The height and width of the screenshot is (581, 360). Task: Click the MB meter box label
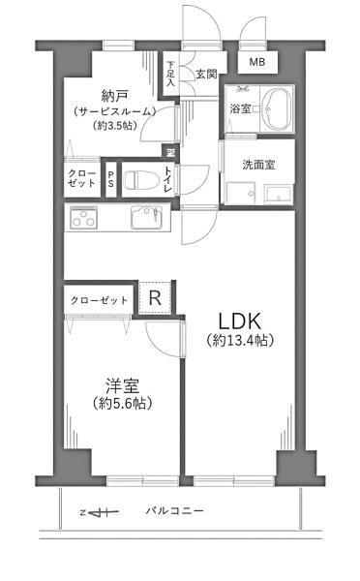(x=257, y=62)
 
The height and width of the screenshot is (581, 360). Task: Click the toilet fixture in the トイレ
(x=141, y=180)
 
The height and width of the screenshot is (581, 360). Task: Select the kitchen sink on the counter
(x=147, y=216)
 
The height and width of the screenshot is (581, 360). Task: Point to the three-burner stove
(x=84, y=217)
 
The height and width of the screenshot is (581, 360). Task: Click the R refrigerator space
(x=155, y=297)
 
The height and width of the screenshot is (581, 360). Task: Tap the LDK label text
(x=240, y=321)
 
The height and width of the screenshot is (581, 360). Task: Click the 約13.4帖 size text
(x=240, y=340)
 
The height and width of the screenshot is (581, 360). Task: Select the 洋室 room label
(x=122, y=385)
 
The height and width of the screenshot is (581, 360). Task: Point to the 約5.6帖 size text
(x=123, y=403)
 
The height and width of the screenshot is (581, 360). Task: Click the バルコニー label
(x=174, y=511)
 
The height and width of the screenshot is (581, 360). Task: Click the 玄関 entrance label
(x=206, y=75)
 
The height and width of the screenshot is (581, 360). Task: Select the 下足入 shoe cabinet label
(x=170, y=74)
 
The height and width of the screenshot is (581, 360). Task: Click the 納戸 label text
(x=115, y=96)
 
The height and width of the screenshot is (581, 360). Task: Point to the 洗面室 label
(x=259, y=165)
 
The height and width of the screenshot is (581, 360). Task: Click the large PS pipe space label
(x=111, y=178)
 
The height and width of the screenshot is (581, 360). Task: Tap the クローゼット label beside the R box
(x=99, y=300)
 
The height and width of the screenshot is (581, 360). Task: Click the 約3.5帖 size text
(x=115, y=126)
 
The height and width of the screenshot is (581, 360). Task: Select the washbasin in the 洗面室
(x=279, y=194)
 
